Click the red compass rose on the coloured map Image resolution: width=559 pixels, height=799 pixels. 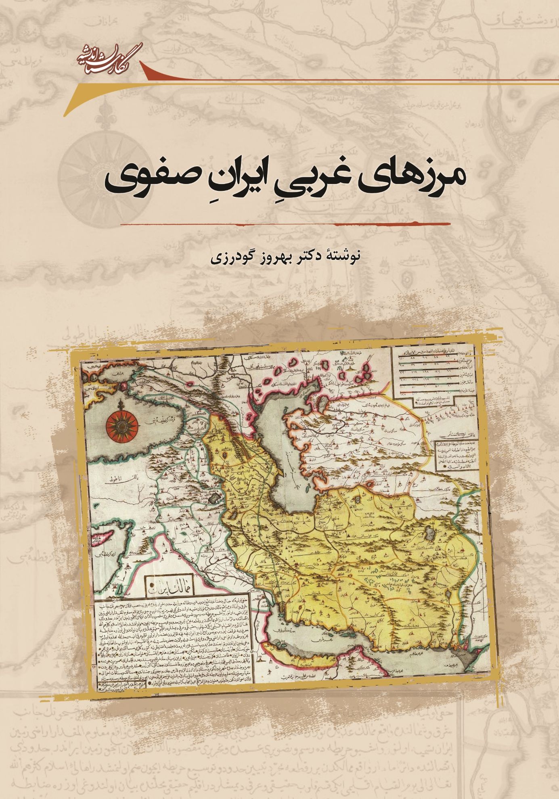[121, 424]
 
